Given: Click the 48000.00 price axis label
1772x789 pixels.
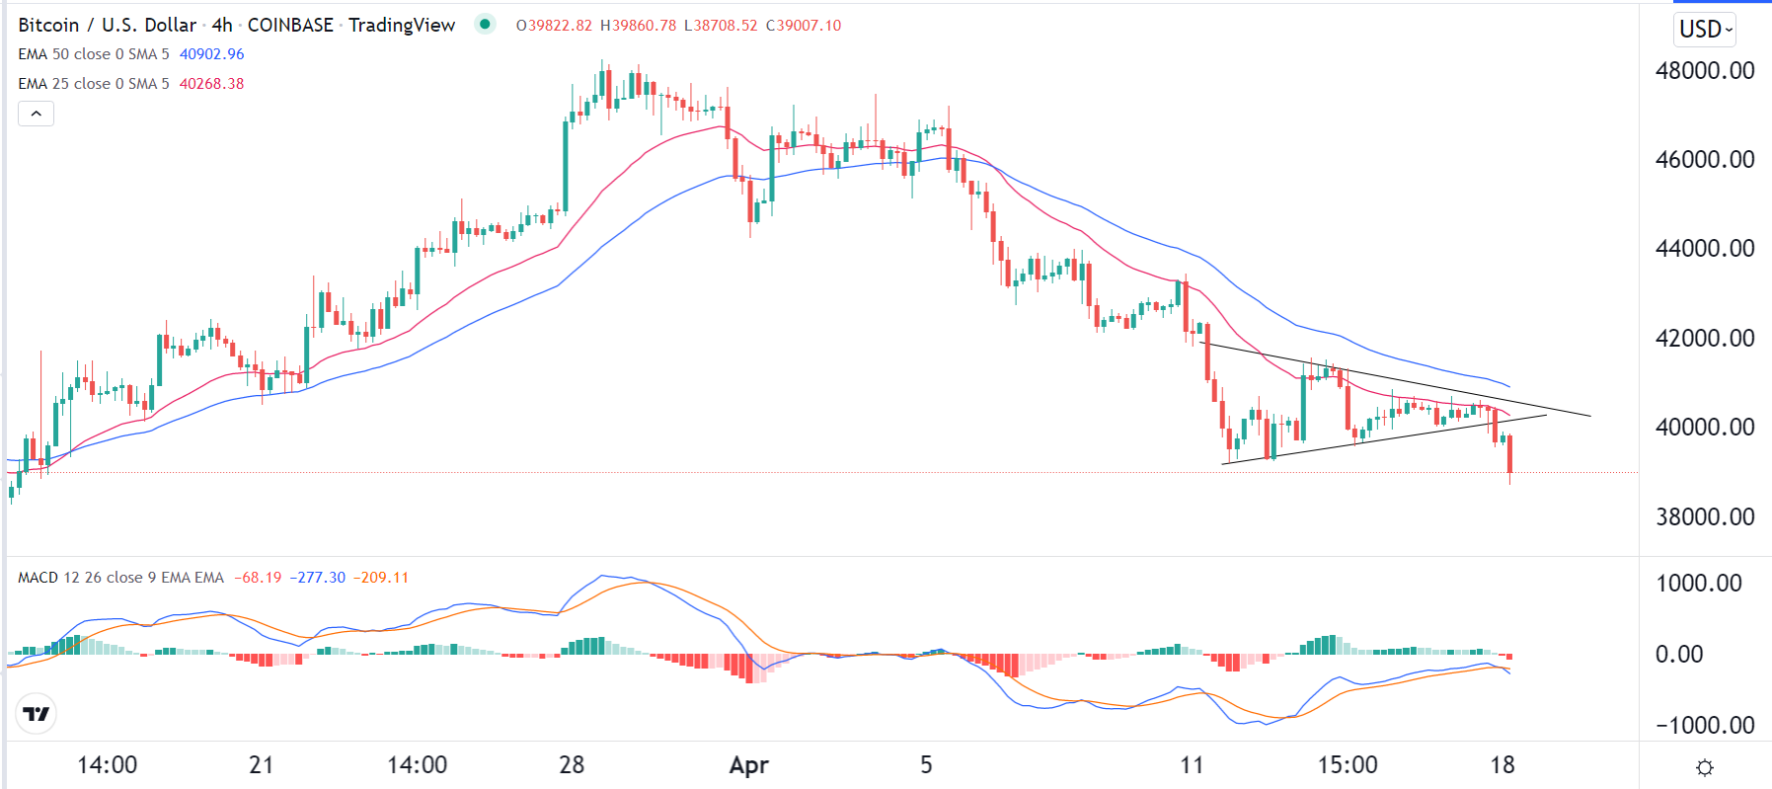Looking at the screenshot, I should [1704, 71].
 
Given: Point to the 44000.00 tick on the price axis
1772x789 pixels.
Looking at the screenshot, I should [1704, 249].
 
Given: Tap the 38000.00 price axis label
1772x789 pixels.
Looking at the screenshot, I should [1704, 516].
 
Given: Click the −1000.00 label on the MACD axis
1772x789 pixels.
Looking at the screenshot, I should [1704, 725].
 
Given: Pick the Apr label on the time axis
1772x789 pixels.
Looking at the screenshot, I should [748, 765].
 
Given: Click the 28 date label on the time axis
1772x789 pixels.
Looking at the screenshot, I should [572, 765].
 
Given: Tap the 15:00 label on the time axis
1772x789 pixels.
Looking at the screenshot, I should [1348, 765].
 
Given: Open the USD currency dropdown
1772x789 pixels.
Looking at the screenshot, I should [1705, 30].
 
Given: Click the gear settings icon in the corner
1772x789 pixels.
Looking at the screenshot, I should [1704, 767].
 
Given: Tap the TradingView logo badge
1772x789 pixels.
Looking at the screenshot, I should [37, 714].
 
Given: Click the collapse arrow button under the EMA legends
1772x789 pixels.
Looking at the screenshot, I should [36, 114].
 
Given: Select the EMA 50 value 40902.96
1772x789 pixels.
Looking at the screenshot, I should [211, 54].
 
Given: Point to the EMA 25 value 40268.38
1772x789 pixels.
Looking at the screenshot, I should [211, 84].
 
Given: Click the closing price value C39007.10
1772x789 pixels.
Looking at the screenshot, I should [804, 26].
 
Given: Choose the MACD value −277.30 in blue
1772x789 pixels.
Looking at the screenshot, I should [318, 578].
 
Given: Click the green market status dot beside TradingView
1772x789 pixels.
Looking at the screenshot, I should [485, 25].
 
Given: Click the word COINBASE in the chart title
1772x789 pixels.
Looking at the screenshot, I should [290, 26].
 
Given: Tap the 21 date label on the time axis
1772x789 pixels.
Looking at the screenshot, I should [261, 765].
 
